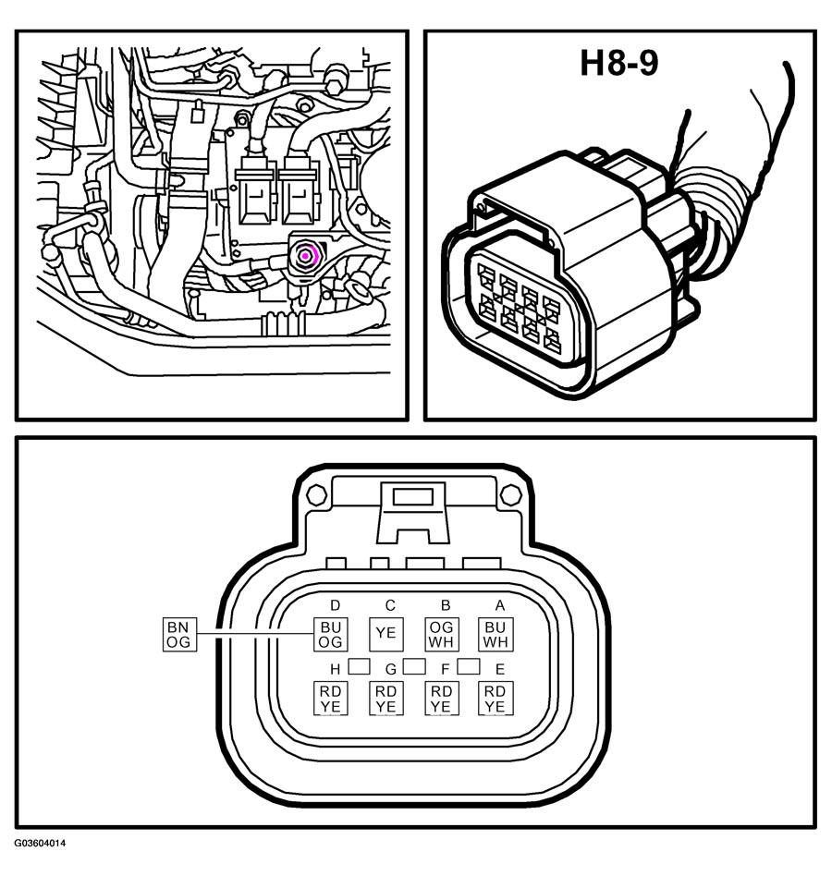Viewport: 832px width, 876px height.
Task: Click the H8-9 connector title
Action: point(619,63)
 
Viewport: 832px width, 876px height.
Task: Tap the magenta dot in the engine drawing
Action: point(306,256)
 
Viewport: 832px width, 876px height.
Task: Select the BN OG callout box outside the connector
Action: point(178,635)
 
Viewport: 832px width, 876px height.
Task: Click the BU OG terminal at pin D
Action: point(330,635)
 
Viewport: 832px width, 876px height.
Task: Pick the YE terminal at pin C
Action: point(385,634)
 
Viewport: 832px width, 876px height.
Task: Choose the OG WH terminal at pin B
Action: point(442,635)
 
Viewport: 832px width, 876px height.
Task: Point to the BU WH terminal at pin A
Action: point(496,635)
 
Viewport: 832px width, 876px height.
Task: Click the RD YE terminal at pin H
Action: point(330,699)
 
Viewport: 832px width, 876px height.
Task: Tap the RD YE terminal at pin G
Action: point(385,699)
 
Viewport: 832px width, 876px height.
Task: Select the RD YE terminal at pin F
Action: point(442,699)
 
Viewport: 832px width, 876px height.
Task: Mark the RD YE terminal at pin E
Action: point(496,699)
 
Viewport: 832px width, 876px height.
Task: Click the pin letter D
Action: point(336,605)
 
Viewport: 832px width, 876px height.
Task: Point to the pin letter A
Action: point(500,605)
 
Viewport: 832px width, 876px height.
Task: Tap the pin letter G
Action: point(391,669)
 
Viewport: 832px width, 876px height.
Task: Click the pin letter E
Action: point(500,669)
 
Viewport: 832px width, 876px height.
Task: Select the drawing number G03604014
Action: point(40,843)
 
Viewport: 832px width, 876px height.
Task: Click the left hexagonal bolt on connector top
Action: point(317,495)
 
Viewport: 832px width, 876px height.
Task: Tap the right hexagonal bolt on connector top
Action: point(510,495)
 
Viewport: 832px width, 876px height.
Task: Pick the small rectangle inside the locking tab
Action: point(413,496)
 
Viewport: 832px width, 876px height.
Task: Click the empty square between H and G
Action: point(360,666)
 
